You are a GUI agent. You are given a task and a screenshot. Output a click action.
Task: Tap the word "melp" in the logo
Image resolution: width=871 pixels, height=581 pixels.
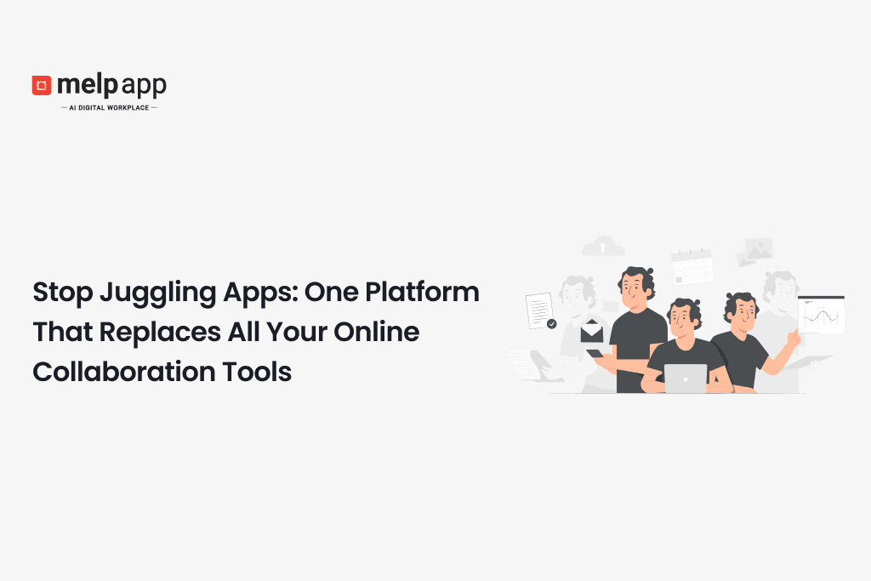(81, 85)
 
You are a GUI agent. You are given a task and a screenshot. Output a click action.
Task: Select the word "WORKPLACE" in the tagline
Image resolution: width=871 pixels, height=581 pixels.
(127, 108)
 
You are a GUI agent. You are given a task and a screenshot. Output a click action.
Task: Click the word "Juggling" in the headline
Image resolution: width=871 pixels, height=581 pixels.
(142, 293)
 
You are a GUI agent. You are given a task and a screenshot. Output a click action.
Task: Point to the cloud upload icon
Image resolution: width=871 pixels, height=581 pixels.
(603, 247)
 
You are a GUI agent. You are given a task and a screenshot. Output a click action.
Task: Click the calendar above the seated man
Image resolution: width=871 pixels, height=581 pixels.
(692, 266)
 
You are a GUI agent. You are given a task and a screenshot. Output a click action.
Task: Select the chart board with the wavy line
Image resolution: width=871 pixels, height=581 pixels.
(821, 315)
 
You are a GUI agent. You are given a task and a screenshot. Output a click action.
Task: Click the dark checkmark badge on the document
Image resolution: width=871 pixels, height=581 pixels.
(551, 324)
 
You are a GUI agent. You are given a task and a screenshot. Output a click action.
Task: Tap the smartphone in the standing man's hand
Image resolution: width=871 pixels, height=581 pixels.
(595, 353)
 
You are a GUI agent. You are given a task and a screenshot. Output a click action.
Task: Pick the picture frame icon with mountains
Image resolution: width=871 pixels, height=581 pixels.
(757, 249)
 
